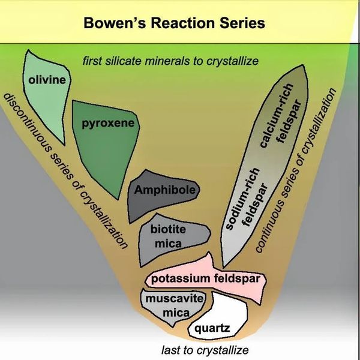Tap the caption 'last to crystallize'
coord(204,350)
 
